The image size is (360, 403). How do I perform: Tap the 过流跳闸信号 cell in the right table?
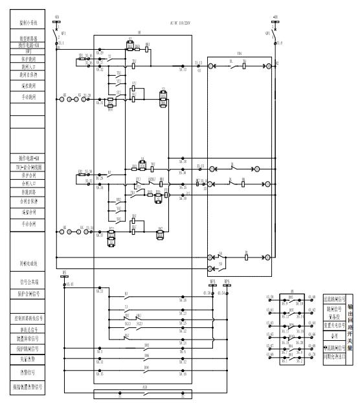(x=335, y=298)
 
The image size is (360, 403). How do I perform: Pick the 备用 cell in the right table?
(x=335, y=336)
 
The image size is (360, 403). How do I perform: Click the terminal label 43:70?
(x=313, y=355)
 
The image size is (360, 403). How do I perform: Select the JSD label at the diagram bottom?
(x=147, y=389)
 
